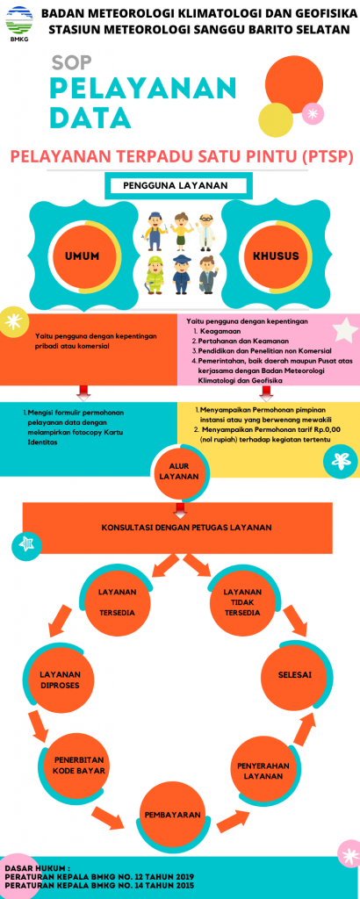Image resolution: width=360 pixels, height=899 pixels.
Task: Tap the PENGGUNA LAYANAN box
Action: pos(176,186)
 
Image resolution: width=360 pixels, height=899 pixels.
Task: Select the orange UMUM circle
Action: pos(83,256)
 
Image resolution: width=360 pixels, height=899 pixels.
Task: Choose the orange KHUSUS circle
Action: pos(277,256)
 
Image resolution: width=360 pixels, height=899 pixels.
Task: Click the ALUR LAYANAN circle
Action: pos(179,471)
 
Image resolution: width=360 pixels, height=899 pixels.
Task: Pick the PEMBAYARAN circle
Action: pos(172,815)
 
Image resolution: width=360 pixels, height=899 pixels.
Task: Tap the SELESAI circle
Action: pos(295,674)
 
